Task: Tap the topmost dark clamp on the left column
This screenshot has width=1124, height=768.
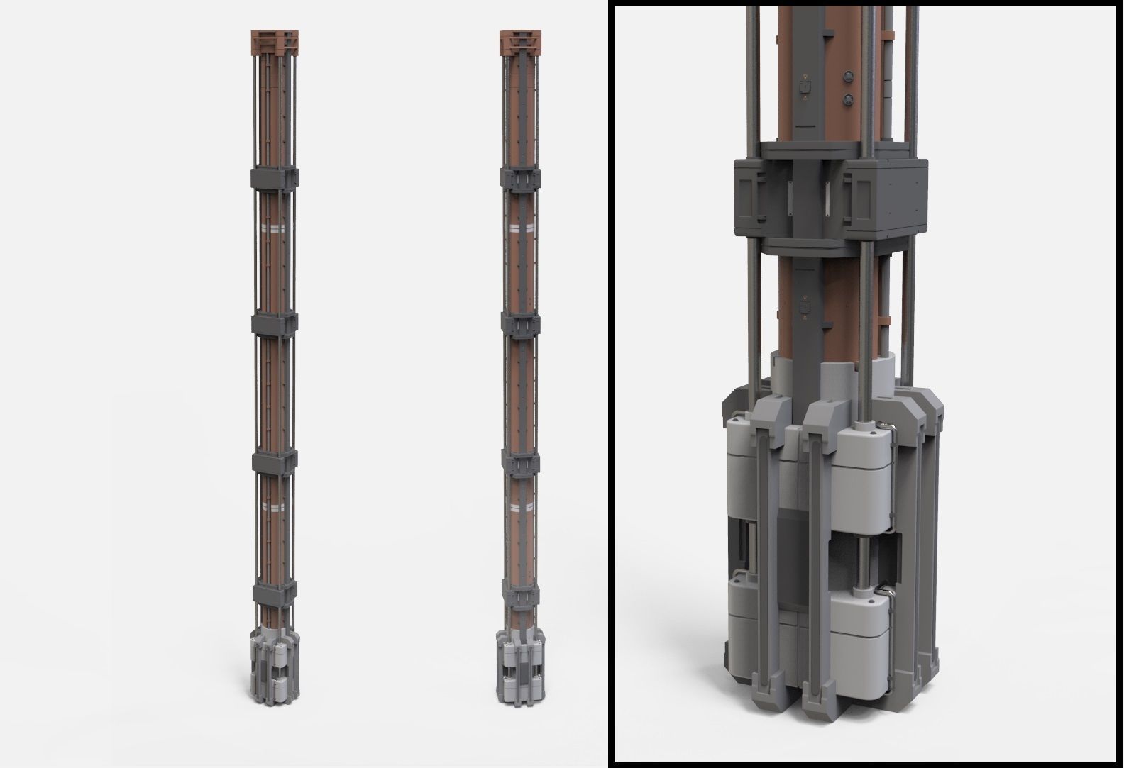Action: [x=273, y=177]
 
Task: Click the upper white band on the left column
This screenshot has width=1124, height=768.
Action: [x=273, y=228]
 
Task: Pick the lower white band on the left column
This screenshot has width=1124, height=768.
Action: [x=273, y=505]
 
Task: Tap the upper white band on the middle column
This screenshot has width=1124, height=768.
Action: [x=522, y=228]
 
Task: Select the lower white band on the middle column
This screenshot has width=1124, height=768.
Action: [x=522, y=506]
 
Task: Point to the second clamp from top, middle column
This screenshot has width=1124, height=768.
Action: [x=522, y=323]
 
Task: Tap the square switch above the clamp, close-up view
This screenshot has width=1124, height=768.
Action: [x=804, y=87]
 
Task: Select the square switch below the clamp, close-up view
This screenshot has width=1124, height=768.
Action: [x=804, y=308]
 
